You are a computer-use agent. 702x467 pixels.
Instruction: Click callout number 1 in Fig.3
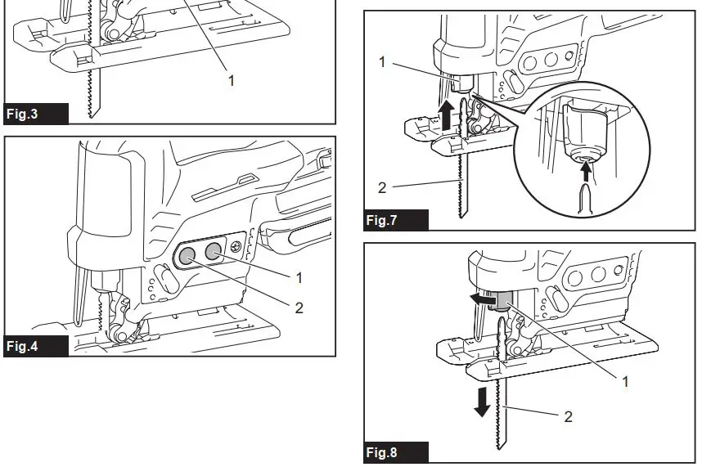(x=231, y=80)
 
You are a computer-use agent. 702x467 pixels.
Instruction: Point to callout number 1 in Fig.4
(x=299, y=278)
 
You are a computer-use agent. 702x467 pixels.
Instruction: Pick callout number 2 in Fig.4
(x=299, y=308)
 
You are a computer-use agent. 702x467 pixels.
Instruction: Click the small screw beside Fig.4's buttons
(x=236, y=247)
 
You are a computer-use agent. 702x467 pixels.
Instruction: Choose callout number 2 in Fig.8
(x=568, y=415)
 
